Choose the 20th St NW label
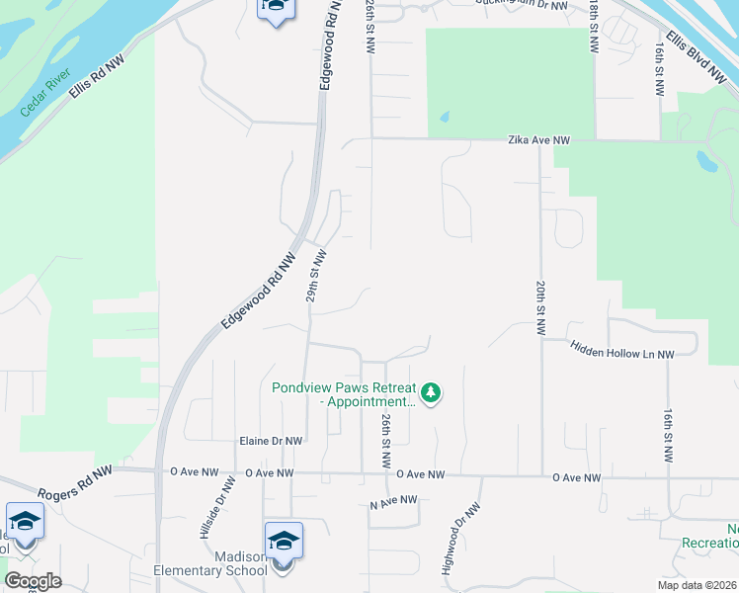click(541, 307)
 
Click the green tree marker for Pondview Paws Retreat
click(431, 394)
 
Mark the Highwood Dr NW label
click(461, 540)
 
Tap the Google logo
click(33, 581)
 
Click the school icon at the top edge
click(276, 8)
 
